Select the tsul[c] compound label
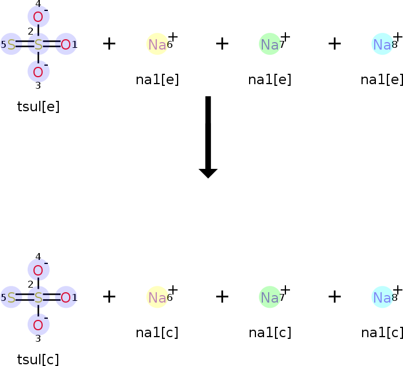pyautogui.click(x=39, y=360)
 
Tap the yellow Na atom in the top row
pyautogui.click(x=157, y=44)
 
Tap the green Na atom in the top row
pyautogui.click(x=269, y=44)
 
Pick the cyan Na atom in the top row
pyautogui.click(x=382, y=44)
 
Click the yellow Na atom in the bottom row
pyautogui.click(x=157, y=297)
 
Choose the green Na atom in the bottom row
pyautogui.click(x=269, y=297)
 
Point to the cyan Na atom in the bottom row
pyautogui.click(x=382, y=297)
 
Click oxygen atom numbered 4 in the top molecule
pyautogui.click(x=38, y=17)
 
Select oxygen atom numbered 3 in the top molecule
pyautogui.click(x=38, y=71)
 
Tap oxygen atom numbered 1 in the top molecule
pyautogui.click(x=66, y=44)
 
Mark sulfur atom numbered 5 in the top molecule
pyautogui.click(x=11, y=44)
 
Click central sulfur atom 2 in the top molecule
pyautogui.click(x=39, y=44)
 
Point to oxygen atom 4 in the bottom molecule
pyautogui.click(x=38, y=270)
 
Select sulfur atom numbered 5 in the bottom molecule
pyautogui.click(x=11, y=297)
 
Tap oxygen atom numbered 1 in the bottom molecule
pyautogui.click(x=66, y=297)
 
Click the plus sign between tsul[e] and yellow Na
pyautogui.click(x=109, y=44)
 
